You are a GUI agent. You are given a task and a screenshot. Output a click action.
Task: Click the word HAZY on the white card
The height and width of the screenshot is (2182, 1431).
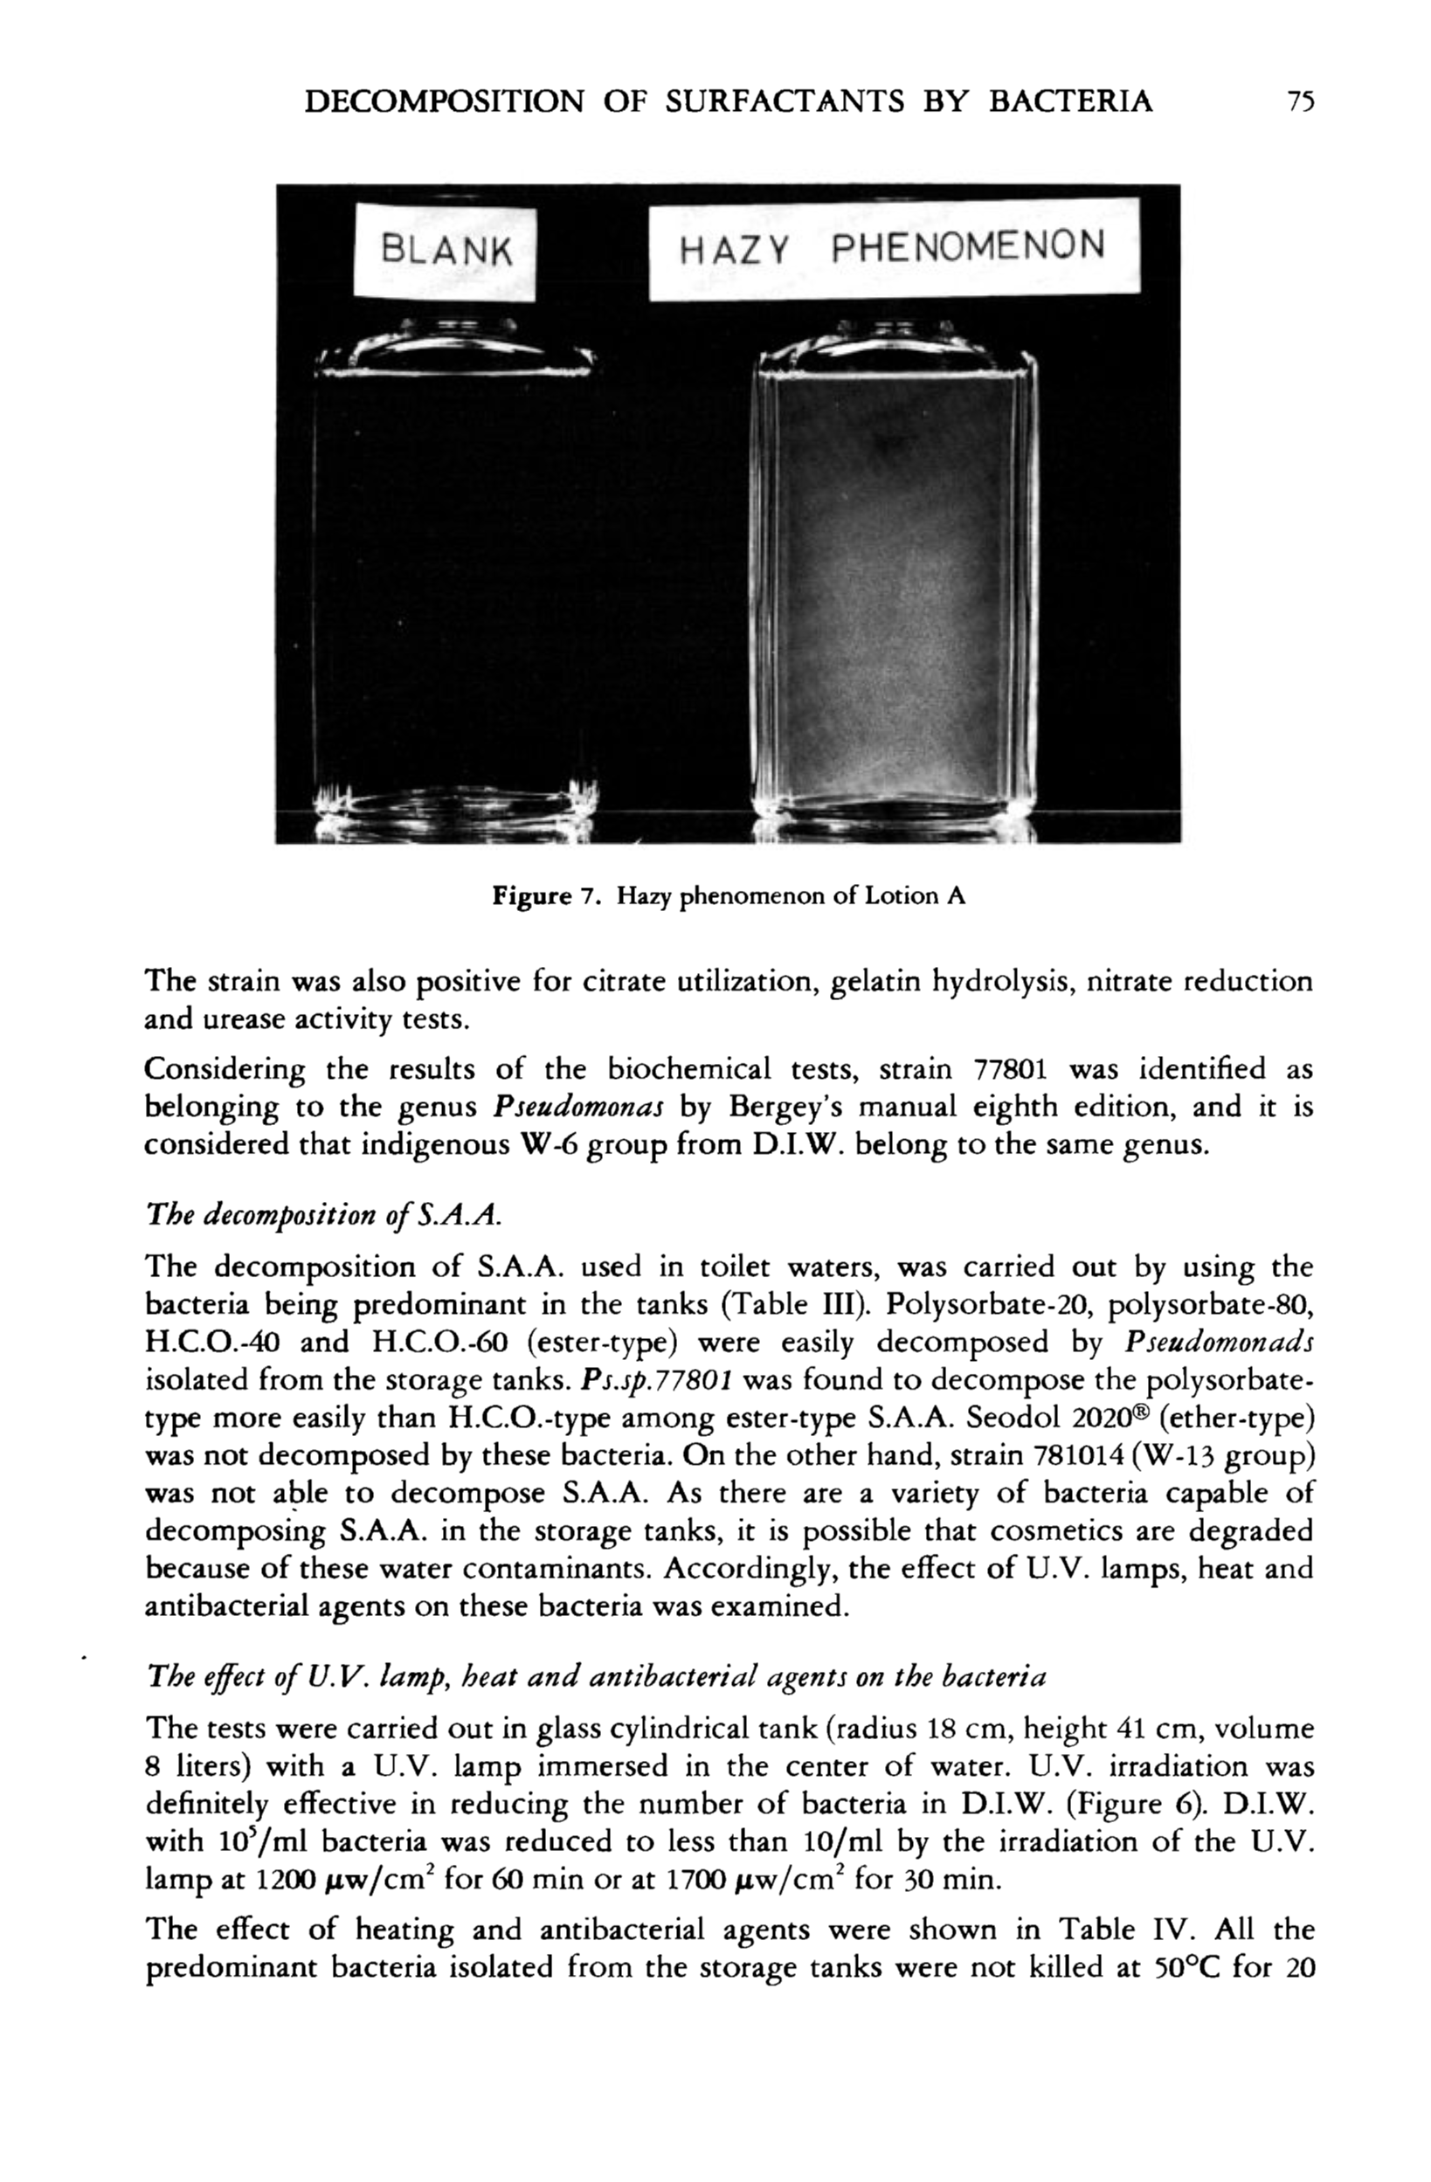coord(733,248)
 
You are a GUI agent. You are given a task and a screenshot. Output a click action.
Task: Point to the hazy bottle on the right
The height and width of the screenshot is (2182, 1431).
coord(895,587)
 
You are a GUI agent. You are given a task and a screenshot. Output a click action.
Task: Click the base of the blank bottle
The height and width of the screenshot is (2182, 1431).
coord(453,807)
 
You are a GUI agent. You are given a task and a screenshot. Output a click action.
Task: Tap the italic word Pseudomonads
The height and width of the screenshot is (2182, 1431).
coord(1219,1343)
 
